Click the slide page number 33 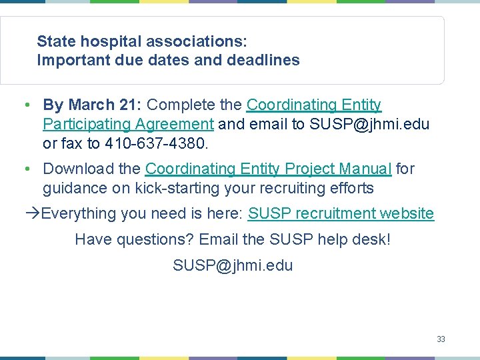(441, 339)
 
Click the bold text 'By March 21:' (92, 105)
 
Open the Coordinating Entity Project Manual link (268, 169)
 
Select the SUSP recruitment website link (341, 213)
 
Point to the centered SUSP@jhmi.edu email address (233, 265)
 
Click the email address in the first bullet (370, 124)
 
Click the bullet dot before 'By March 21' (24, 105)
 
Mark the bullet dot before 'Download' (24, 170)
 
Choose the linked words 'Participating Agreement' (128, 124)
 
